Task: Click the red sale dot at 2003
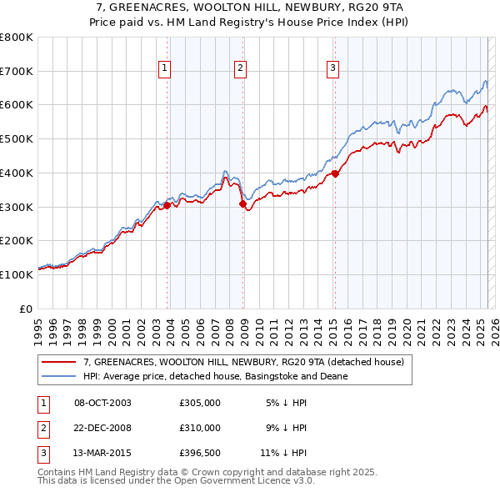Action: pos(167,204)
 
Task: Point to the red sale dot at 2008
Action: pos(243,203)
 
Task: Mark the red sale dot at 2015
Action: pos(335,173)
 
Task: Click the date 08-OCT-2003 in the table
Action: pos(102,403)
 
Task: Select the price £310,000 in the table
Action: pos(200,428)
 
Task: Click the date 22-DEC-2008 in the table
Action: pos(102,428)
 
